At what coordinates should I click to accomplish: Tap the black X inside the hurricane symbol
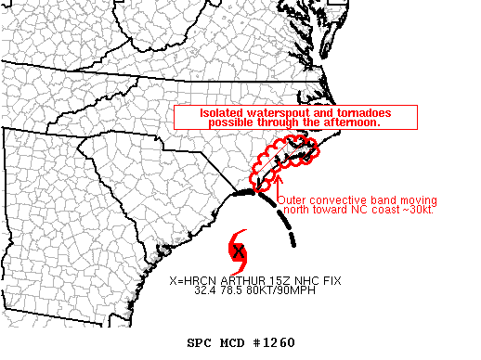pyautogui.click(x=240, y=251)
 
